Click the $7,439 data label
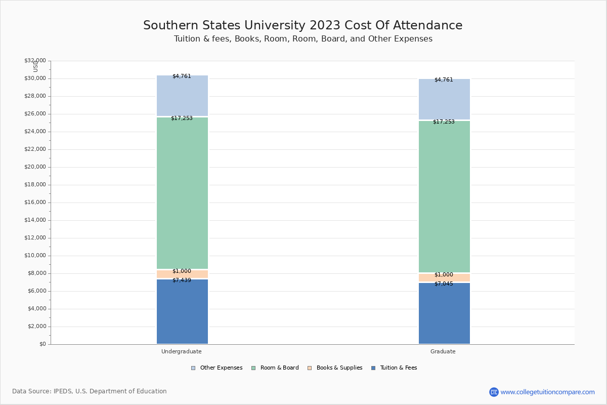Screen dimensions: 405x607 (182, 280)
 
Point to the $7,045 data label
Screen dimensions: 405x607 (444, 284)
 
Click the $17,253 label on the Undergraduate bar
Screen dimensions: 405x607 (182, 118)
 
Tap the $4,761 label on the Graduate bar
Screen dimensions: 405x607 (444, 80)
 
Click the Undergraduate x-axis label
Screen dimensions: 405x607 (182, 351)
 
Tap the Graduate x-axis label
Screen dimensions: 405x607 (443, 351)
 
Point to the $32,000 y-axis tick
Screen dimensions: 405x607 (35, 61)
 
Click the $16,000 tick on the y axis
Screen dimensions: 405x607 (35, 202)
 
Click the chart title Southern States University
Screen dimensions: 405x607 (302, 26)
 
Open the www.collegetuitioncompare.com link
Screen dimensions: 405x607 (547, 392)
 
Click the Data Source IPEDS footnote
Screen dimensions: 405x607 (90, 391)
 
